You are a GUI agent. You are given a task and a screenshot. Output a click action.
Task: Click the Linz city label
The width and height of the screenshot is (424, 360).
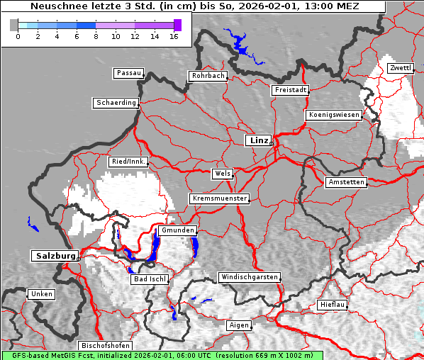pos(258,140)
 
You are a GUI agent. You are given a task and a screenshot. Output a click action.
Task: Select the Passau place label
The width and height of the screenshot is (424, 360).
pos(128,73)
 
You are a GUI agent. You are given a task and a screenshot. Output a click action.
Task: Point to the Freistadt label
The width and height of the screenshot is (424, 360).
pos(290,90)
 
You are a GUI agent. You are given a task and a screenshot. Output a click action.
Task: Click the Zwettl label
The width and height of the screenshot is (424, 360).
pos(400,68)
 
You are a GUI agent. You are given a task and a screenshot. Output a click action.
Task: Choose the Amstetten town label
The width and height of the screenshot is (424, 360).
pos(346,182)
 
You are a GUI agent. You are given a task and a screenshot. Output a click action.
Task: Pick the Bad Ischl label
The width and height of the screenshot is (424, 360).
pos(150,279)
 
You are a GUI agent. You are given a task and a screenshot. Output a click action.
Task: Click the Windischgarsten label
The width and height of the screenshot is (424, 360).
pos(249,277)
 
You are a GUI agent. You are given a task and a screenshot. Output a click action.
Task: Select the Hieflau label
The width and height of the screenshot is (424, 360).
pos(333,304)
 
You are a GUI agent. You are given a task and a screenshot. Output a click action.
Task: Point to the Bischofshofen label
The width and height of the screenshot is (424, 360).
pos(104,345)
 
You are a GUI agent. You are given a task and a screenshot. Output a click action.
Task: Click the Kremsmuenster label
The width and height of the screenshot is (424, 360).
pos(220,198)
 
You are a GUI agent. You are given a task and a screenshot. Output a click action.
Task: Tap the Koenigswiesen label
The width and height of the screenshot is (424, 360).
pos(333,115)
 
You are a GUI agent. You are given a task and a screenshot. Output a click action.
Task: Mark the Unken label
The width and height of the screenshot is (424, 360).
pos(41,293)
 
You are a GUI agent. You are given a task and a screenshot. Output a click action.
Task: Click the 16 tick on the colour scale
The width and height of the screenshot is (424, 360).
pos(174,36)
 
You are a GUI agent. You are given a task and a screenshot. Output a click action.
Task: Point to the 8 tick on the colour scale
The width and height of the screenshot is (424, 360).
pos(96,36)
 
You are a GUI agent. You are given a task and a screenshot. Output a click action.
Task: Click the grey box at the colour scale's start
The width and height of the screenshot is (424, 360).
pos(14,25)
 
